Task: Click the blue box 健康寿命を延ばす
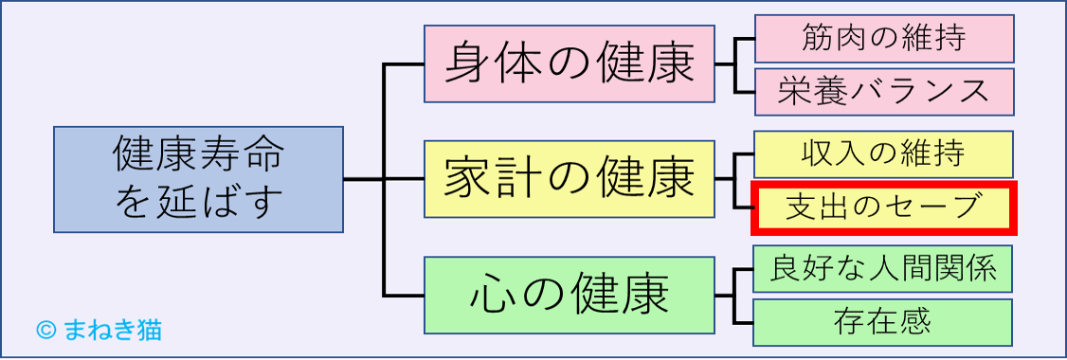point(198,179)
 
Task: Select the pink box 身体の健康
point(569,63)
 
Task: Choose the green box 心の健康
point(569,295)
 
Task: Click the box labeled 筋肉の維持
point(883,38)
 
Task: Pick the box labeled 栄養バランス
point(883,91)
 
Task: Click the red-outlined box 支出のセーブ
point(883,207)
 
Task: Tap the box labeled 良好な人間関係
point(883,269)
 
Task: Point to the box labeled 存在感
point(883,322)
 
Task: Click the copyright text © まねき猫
point(99,329)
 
